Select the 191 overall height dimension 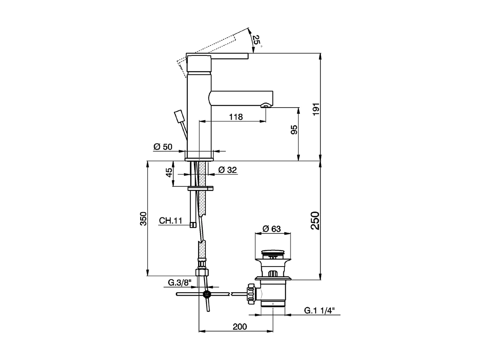click(316, 109)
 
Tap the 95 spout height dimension click(294, 130)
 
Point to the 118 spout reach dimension click(236, 117)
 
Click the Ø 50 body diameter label click(163, 147)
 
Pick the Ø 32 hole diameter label click(228, 170)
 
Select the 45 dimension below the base click(169, 173)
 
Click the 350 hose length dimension click(143, 219)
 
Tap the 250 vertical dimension click(316, 220)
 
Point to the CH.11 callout click(171, 220)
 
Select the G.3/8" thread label click(179, 283)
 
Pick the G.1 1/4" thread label click(319, 310)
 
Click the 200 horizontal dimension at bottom click(240, 326)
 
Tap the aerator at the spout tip click(266, 106)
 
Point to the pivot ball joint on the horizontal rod click(207, 294)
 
